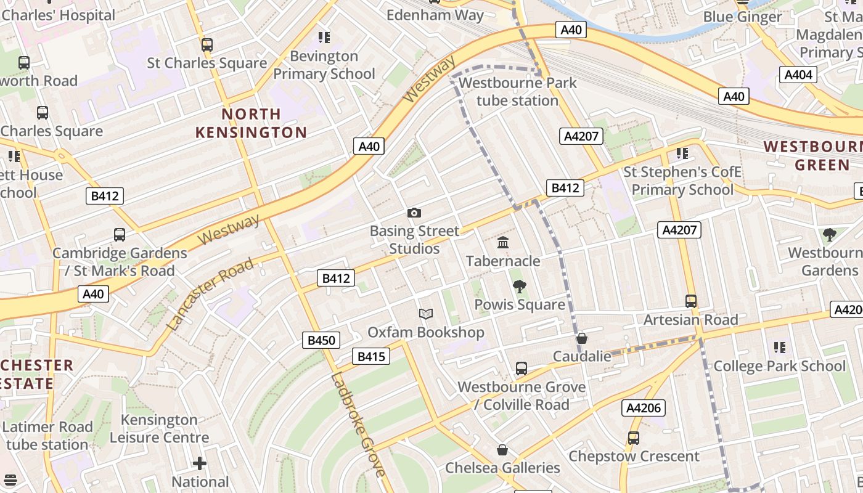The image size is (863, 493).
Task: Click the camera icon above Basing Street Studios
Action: [414, 213]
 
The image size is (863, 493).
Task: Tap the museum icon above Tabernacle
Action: [503, 242]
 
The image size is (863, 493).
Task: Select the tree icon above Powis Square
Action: [520, 286]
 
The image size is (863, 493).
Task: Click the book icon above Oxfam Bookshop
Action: [426, 314]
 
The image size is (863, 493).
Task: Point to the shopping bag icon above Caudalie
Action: [581, 338]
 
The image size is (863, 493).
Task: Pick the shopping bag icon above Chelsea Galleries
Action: [502, 450]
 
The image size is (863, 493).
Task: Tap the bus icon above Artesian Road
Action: [691, 301]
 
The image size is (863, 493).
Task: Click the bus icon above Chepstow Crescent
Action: [634, 438]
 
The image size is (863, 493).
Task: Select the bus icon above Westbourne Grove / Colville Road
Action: [521, 369]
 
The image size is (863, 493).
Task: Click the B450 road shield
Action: [321, 340]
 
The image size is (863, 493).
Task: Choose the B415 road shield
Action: [371, 356]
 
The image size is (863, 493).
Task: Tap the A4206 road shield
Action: [644, 407]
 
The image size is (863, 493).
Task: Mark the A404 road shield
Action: [798, 75]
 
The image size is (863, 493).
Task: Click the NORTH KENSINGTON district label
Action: [251, 123]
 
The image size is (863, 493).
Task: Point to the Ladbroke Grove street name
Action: [358, 425]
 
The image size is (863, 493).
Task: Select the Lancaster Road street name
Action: [210, 294]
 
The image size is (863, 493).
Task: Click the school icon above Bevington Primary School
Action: [324, 38]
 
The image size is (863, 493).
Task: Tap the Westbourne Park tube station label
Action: [518, 91]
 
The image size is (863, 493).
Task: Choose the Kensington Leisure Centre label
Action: [159, 428]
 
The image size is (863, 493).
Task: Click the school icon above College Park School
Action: [780, 348]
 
